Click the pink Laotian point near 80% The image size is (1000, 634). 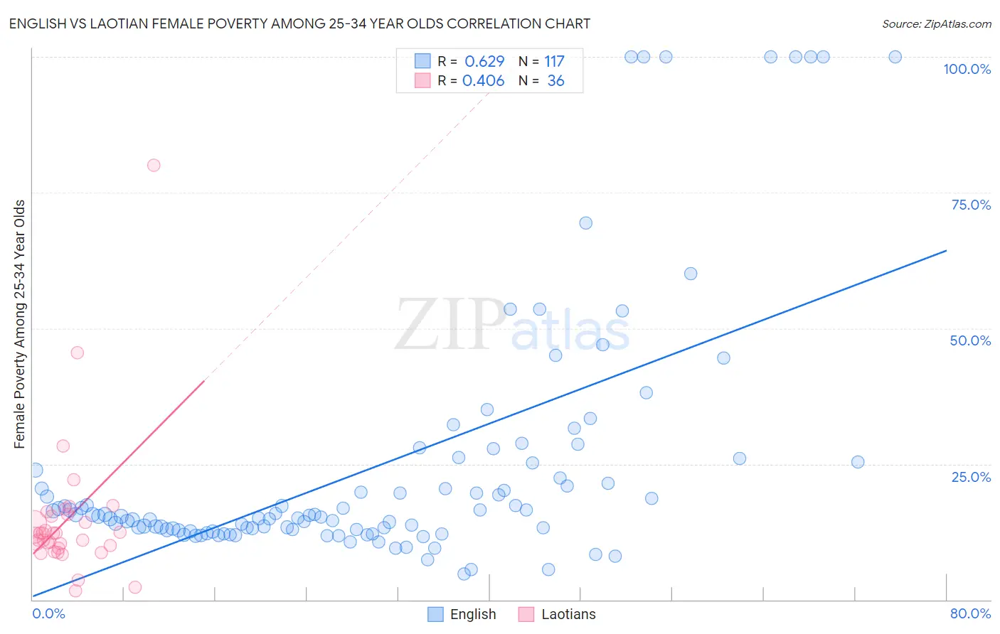click(x=154, y=165)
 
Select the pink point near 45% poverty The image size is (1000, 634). click(x=78, y=353)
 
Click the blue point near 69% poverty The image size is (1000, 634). click(x=585, y=222)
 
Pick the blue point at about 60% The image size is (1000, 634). click(x=690, y=274)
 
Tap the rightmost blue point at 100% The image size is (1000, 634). click(x=895, y=57)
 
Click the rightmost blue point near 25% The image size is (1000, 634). click(x=858, y=462)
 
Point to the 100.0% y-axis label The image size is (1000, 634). click(x=967, y=69)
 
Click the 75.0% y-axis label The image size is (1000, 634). click(x=971, y=205)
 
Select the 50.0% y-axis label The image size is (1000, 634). click(x=970, y=340)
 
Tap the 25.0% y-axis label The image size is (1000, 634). click(x=971, y=477)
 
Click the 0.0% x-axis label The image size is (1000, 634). click(x=48, y=613)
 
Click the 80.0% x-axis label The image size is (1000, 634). click(x=970, y=613)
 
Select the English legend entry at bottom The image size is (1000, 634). click(x=472, y=614)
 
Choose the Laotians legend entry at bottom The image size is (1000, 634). click(x=568, y=614)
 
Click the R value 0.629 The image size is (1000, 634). click(x=484, y=62)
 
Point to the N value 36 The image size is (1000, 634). click(x=555, y=81)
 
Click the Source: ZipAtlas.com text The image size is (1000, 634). click(x=936, y=24)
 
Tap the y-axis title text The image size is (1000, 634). click(x=20, y=324)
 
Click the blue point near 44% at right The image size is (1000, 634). click(x=723, y=358)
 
